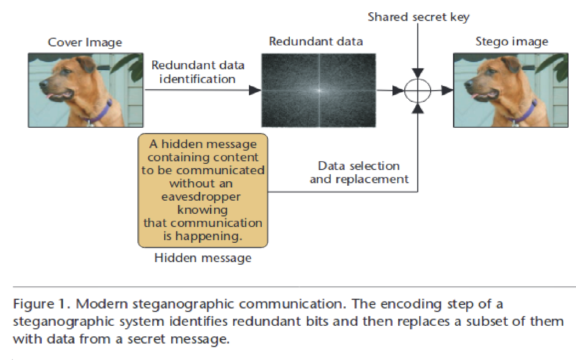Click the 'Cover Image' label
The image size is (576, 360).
(x=85, y=43)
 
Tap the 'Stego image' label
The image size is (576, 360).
(x=512, y=42)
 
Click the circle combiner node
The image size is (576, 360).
(x=418, y=90)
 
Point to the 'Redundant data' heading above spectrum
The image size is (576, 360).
(x=316, y=42)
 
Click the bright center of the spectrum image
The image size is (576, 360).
(x=319, y=90)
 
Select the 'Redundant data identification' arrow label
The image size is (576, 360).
(x=198, y=72)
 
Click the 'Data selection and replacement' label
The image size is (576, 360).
(x=359, y=173)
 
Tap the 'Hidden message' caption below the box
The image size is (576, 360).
(x=203, y=257)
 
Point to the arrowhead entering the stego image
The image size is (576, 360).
(x=447, y=90)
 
